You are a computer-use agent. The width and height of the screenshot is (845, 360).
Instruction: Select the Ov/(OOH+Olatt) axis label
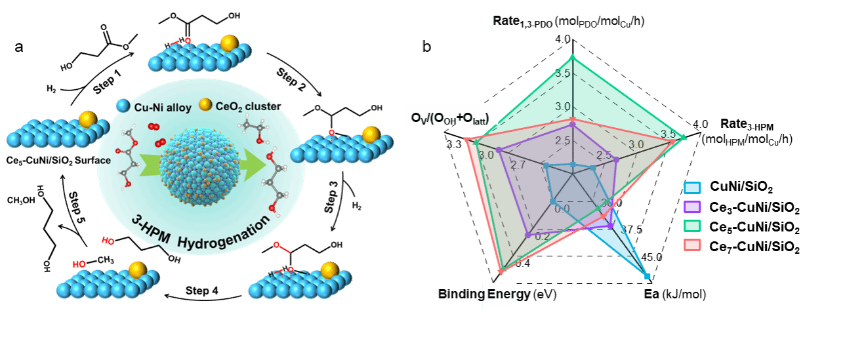pos(450,117)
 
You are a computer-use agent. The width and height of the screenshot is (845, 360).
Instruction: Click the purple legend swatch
pos(692,207)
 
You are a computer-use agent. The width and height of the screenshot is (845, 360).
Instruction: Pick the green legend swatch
pos(692,226)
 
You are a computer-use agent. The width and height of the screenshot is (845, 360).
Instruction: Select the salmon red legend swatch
pos(692,245)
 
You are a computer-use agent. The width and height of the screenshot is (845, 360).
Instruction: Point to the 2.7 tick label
pos(518,165)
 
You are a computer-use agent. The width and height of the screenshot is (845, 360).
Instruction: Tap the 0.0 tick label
pos(562,209)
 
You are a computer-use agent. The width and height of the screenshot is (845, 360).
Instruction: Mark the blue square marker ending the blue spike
pos(648,277)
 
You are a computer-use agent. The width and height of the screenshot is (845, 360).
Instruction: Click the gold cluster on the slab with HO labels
pos(137,270)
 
